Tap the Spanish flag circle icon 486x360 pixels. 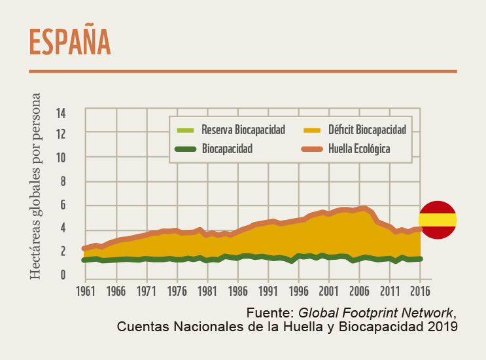(438, 220)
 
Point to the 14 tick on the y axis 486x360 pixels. (61, 113)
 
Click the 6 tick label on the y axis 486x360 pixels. (63, 205)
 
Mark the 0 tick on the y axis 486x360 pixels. (63, 275)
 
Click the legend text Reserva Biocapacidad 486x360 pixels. (243, 130)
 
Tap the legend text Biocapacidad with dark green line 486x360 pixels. (228, 149)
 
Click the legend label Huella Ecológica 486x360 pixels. (360, 149)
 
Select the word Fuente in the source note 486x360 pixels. (269, 311)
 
